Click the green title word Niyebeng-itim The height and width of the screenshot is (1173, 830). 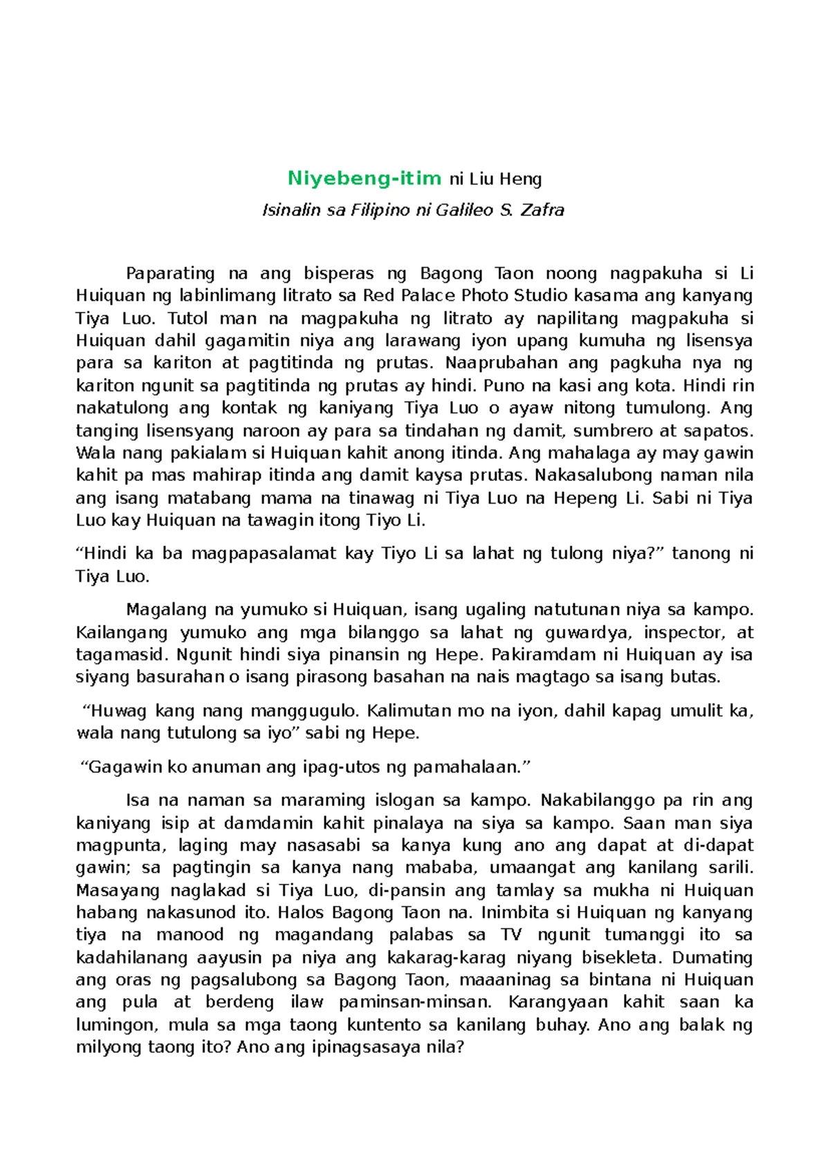[x=364, y=179]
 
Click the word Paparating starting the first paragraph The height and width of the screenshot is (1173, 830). [x=170, y=274]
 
